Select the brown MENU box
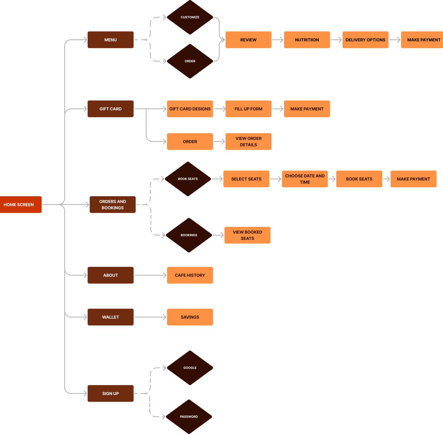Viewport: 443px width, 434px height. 110,40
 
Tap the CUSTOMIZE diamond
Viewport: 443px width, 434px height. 190,17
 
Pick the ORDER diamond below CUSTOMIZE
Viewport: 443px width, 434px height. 190,61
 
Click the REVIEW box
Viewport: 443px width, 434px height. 248,40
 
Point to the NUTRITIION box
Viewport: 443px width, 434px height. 307,40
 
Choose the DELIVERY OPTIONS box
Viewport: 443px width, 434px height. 365,40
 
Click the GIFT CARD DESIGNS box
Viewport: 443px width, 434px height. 190,109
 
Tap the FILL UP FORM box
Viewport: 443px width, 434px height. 248,109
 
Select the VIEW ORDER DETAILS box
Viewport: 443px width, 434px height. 248,141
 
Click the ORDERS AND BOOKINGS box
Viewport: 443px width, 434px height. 113,205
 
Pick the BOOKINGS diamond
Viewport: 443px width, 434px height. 189,235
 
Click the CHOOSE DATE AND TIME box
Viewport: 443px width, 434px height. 305,179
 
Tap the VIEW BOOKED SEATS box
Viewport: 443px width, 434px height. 247,235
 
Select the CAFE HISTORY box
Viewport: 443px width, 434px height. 190,275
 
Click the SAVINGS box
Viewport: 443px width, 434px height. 190,317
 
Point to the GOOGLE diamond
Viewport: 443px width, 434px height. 190,368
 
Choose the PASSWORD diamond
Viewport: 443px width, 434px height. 189,417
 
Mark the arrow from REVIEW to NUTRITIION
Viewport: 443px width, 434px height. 277,40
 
